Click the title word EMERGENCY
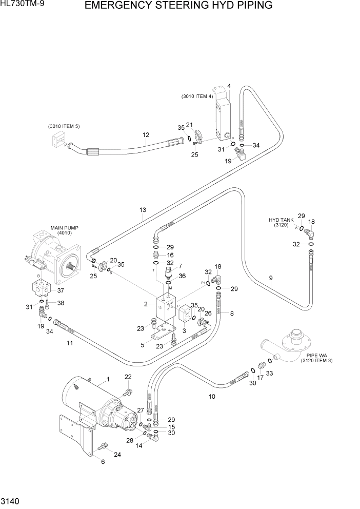115,6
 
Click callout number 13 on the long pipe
143,210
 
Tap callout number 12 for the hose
146,135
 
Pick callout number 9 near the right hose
270,279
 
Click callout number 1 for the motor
108,379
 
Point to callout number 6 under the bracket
103,461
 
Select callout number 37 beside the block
61,290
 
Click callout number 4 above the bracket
229,86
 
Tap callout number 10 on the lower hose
212,396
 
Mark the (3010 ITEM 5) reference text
64,126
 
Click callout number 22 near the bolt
128,377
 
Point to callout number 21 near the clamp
189,125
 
